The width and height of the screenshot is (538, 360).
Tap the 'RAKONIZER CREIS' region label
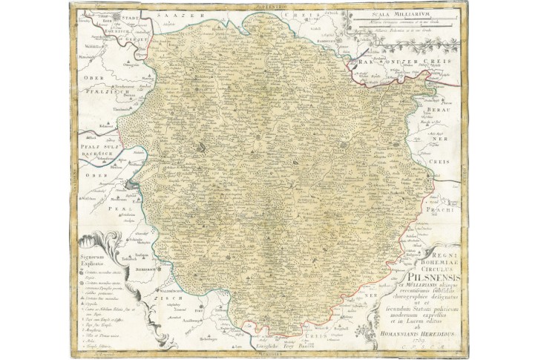click(401, 63)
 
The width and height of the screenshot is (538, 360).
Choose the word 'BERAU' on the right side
click(438, 108)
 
